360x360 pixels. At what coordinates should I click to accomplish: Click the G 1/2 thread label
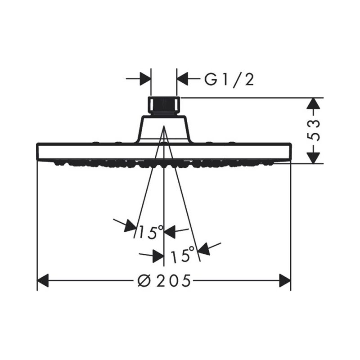tap(229, 80)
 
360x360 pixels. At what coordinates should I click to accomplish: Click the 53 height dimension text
tap(313, 130)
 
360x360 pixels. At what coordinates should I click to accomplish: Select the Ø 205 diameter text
tap(164, 280)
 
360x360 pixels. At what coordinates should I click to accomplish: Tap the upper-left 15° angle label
tap(151, 232)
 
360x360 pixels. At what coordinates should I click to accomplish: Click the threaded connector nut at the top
tap(164, 106)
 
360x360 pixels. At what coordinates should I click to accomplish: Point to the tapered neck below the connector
tap(164, 129)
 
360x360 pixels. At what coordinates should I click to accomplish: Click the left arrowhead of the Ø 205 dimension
tap(43, 280)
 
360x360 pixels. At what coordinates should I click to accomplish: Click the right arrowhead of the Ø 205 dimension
tap(285, 280)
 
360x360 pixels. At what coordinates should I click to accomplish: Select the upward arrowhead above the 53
tap(313, 103)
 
